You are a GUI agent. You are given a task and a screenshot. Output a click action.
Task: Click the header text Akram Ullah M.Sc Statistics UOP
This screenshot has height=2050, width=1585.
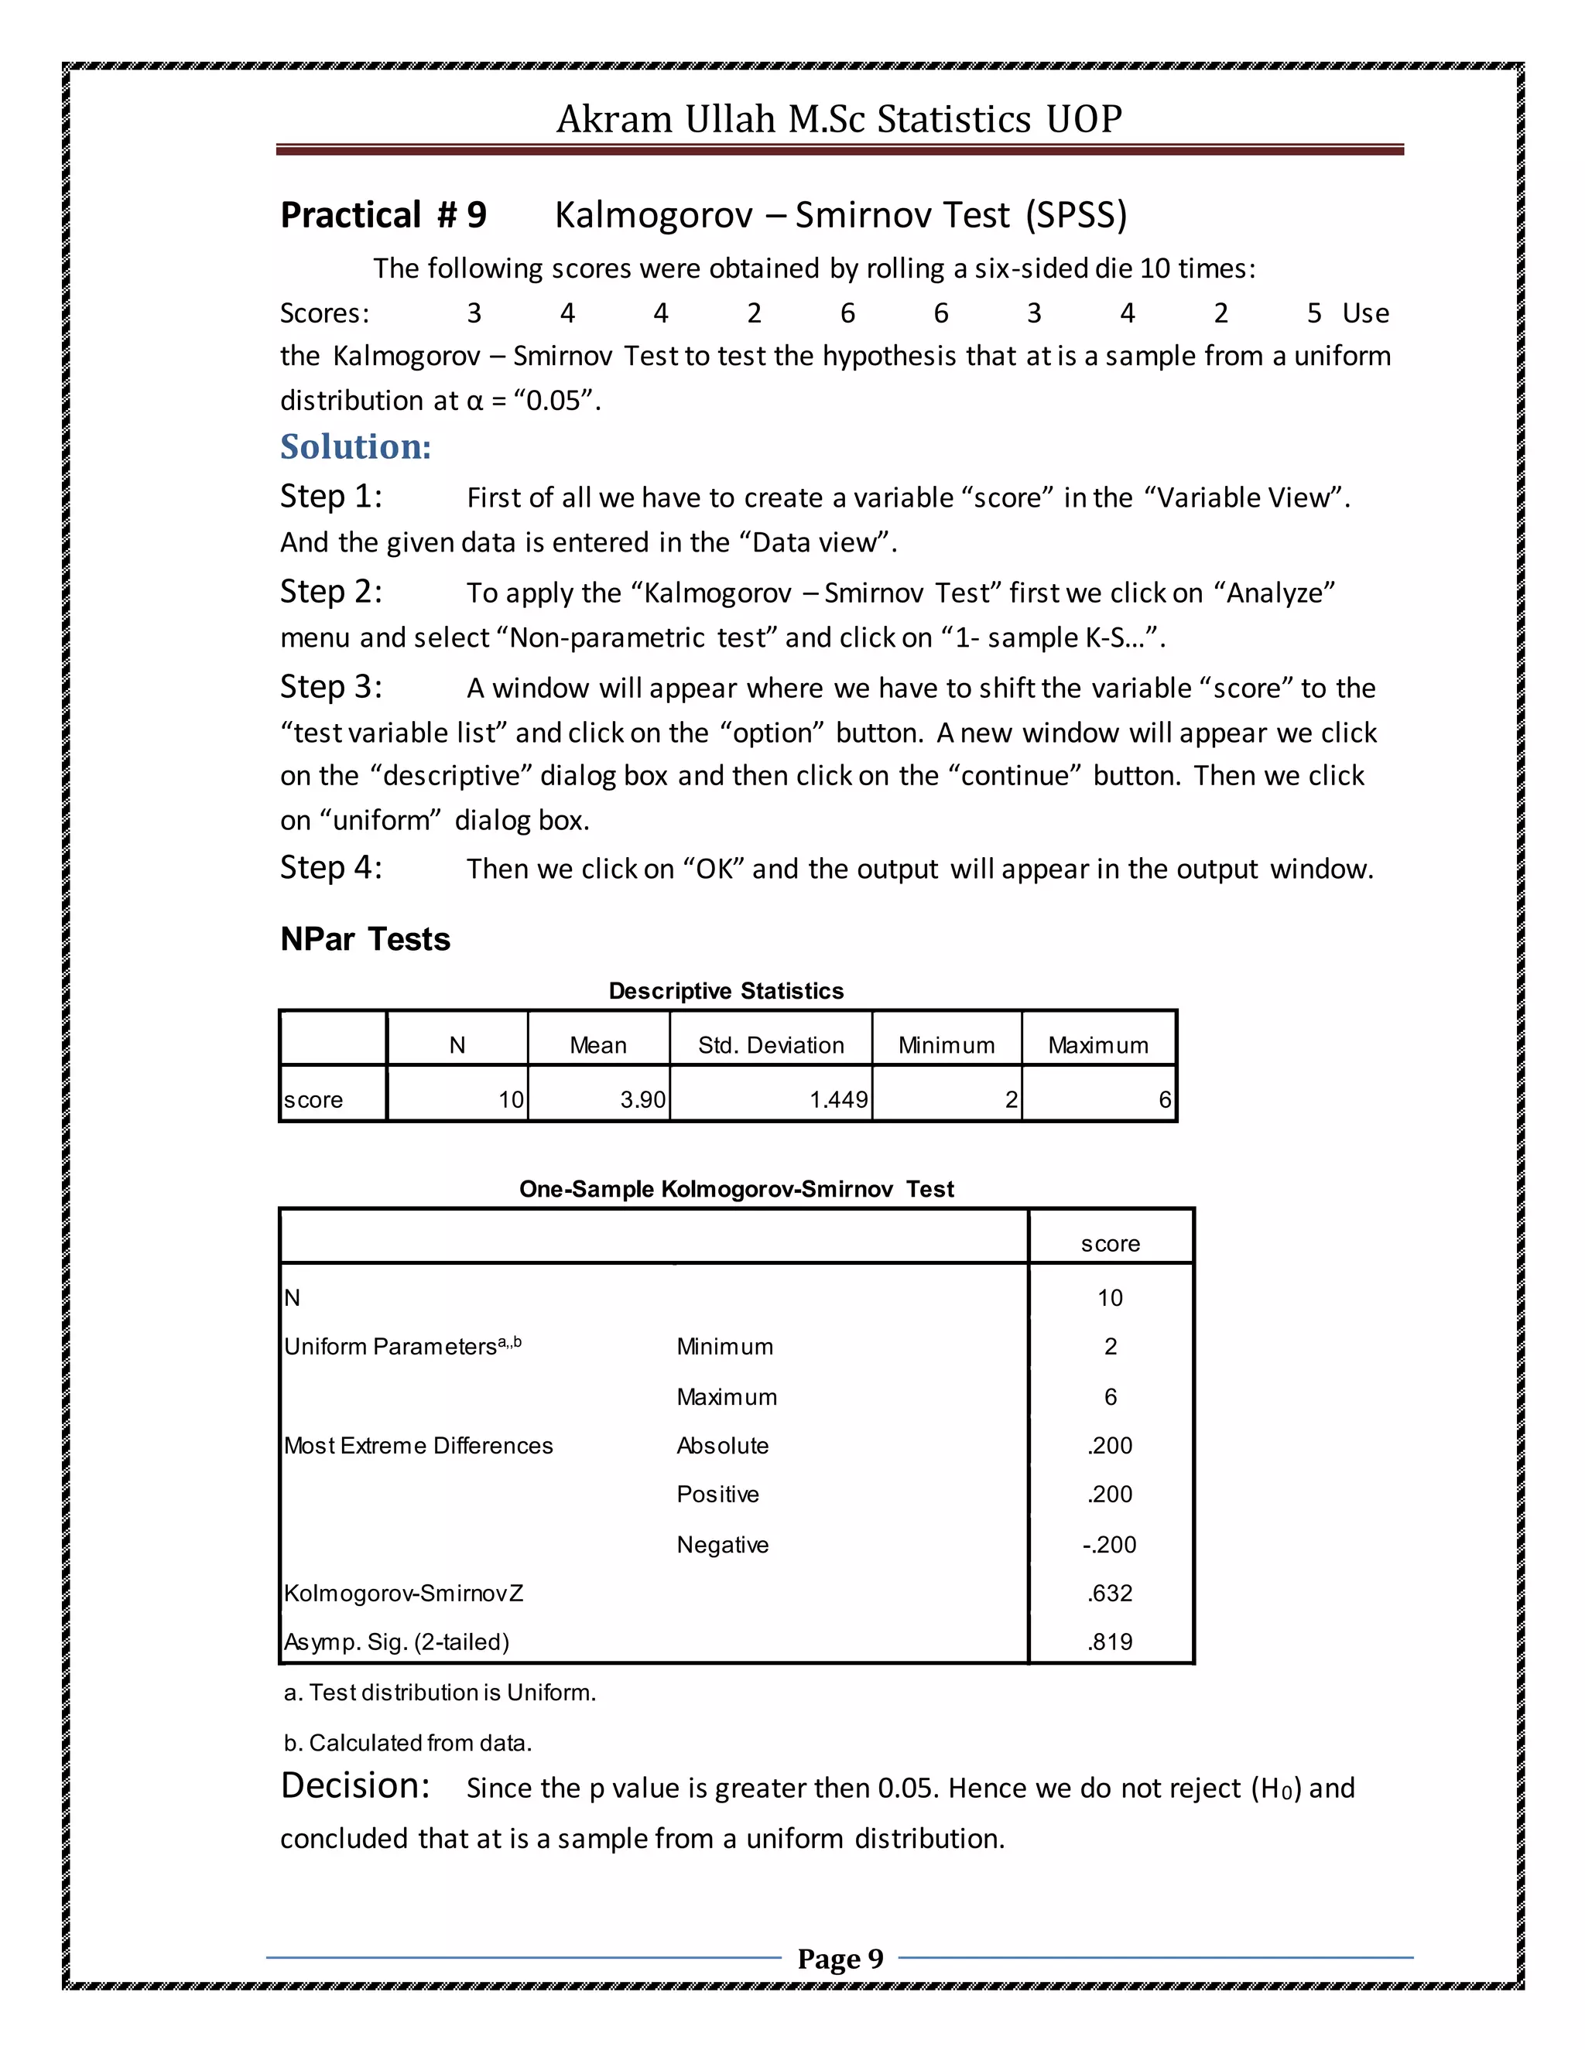[838, 119]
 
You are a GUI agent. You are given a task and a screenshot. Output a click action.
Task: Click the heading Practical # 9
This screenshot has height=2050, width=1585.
[383, 215]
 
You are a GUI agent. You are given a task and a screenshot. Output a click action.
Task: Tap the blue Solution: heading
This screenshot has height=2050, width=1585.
[356, 447]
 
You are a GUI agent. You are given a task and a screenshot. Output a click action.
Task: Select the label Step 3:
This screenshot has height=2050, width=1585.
[330, 686]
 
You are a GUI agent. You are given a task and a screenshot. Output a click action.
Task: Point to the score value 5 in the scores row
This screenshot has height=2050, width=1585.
[1313, 313]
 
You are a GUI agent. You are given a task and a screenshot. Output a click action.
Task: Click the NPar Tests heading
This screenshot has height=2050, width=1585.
[365, 938]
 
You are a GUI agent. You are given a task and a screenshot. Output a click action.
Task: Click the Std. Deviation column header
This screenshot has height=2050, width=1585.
[771, 1044]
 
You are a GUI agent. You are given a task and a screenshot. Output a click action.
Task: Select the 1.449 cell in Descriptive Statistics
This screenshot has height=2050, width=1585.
[837, 1099]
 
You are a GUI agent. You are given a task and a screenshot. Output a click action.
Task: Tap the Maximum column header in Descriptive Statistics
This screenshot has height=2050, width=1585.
[1097, 1044]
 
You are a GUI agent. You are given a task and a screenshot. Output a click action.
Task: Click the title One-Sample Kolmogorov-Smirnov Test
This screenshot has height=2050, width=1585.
[736, 1189]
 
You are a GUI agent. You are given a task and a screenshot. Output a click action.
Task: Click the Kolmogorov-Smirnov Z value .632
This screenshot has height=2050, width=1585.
[1110, 1593]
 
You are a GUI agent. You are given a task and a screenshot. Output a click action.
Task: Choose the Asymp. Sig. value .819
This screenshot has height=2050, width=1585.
[1110, 1642]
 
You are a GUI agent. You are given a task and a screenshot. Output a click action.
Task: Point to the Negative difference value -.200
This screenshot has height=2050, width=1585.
[1109, 1544]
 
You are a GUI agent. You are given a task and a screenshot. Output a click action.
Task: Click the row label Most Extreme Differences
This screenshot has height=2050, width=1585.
[418, 1446]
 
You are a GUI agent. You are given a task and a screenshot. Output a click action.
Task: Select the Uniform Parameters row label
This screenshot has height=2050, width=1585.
[402, 1346]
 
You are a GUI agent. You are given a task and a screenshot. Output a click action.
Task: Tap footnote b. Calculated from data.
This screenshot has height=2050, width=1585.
[408, 1743]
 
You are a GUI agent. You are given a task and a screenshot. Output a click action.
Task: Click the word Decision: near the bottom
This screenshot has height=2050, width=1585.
[355, 1785]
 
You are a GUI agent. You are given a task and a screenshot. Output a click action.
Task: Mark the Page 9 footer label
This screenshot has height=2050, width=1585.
[840, 1959]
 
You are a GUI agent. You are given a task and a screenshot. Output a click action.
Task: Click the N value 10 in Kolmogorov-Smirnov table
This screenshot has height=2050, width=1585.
[1110, 1297]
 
